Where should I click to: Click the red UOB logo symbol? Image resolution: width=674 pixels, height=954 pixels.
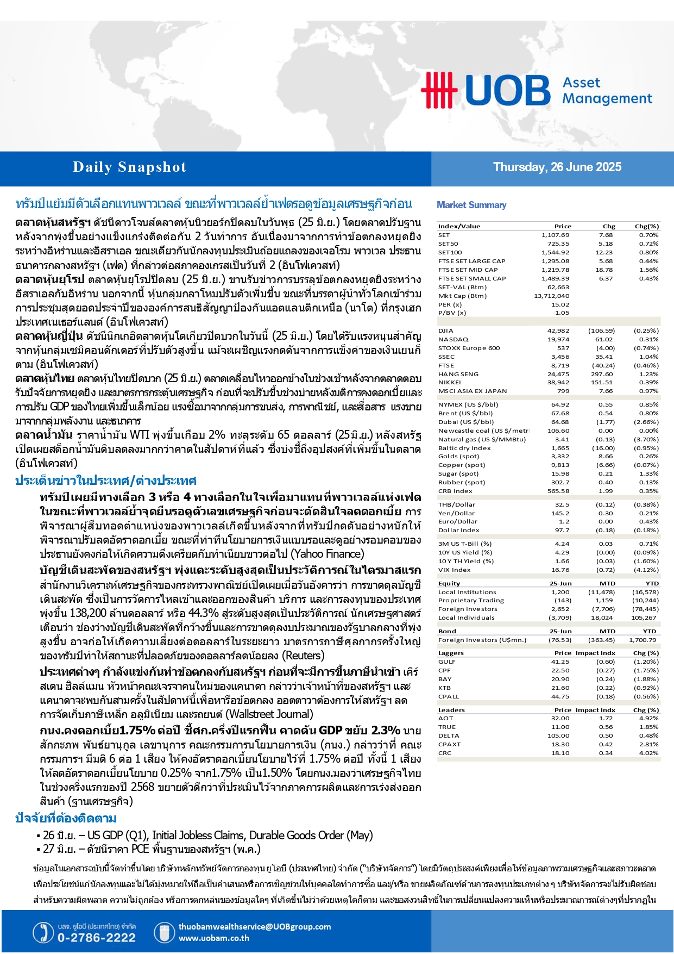point(439,90)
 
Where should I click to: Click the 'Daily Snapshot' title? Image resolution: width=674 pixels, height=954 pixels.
point(129,167)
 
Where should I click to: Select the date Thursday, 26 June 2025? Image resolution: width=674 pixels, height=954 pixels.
point(557,167)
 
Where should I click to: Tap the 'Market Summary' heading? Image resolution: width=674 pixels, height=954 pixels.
point(471,205)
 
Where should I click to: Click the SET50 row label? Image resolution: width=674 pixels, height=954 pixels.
point(448,244)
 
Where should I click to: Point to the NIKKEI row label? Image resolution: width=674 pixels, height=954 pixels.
point(450,382)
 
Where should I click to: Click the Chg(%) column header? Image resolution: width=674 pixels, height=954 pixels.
point(646,226)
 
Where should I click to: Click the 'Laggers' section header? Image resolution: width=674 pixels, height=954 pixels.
point(451,653)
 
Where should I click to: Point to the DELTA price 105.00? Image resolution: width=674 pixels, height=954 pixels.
point(558,735)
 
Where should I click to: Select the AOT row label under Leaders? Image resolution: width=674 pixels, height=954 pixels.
point(445,718)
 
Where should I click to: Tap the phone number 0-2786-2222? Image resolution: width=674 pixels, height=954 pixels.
point(97,938)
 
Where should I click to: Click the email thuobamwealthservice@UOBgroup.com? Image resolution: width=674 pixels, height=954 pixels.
point(254,926)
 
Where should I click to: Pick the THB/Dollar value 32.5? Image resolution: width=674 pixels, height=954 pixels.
point(562,504)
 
